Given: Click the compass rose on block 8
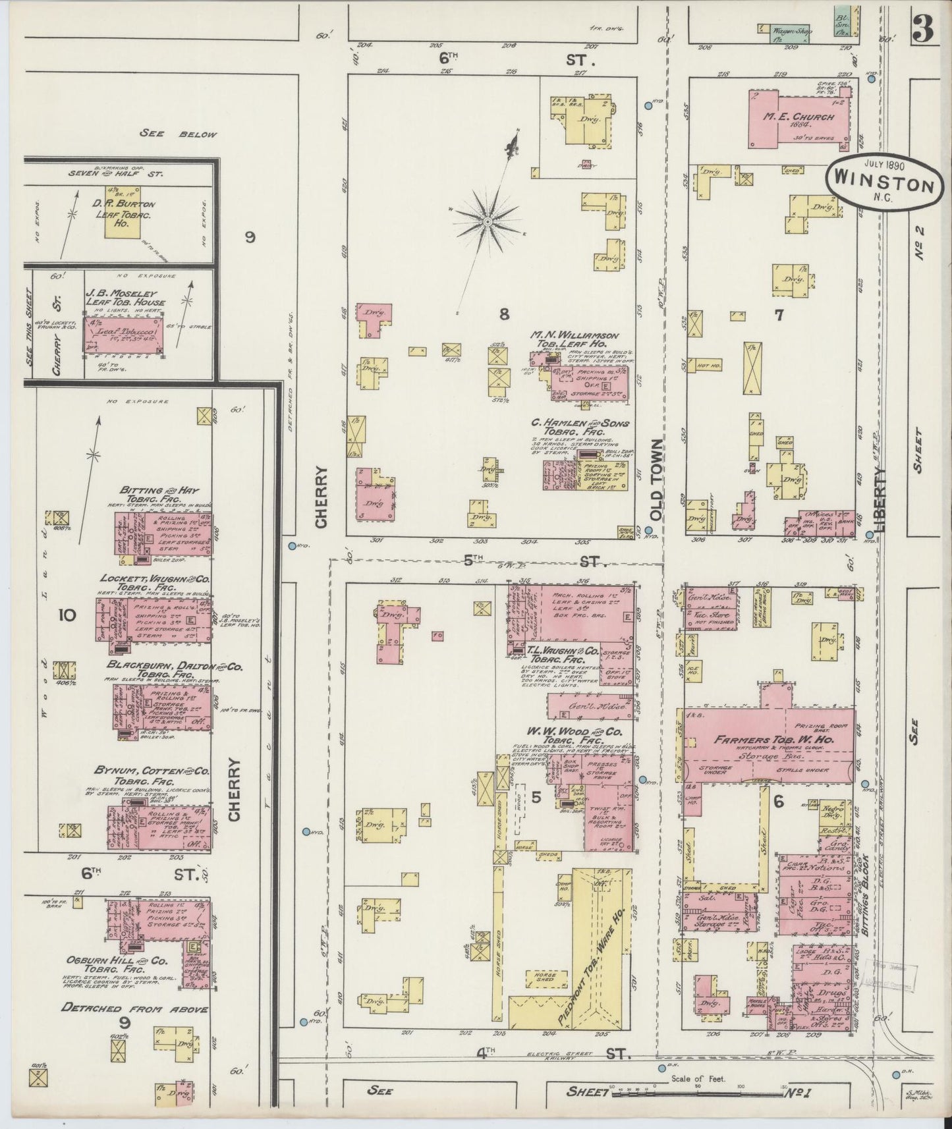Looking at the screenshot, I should point(487,222).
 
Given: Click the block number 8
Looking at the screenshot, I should point(504,315).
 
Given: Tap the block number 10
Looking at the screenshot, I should point(67,615).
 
